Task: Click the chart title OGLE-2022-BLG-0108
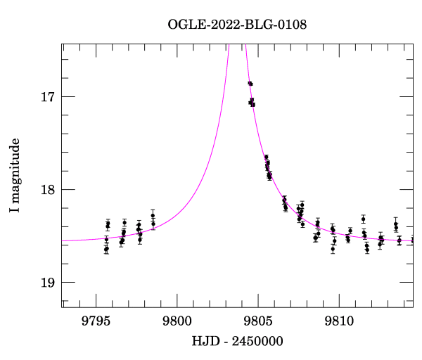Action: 237,25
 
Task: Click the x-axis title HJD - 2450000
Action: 237,341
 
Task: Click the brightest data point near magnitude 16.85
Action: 250,84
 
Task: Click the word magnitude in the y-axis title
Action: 15,168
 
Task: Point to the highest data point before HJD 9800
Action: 153,215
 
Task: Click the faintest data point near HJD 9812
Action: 367,249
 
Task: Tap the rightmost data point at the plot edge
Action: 412,240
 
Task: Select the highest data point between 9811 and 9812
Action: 363,219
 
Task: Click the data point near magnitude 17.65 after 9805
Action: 267,157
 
